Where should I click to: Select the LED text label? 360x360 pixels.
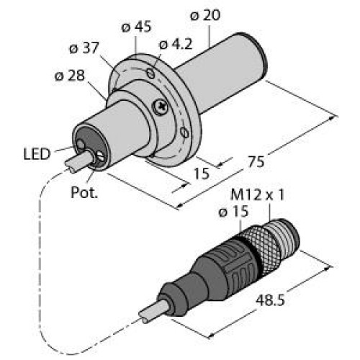point(36,153)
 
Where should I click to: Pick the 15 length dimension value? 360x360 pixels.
point(202,173)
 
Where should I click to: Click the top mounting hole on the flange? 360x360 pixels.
point(152,73)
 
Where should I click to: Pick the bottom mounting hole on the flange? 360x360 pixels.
point(186,132)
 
